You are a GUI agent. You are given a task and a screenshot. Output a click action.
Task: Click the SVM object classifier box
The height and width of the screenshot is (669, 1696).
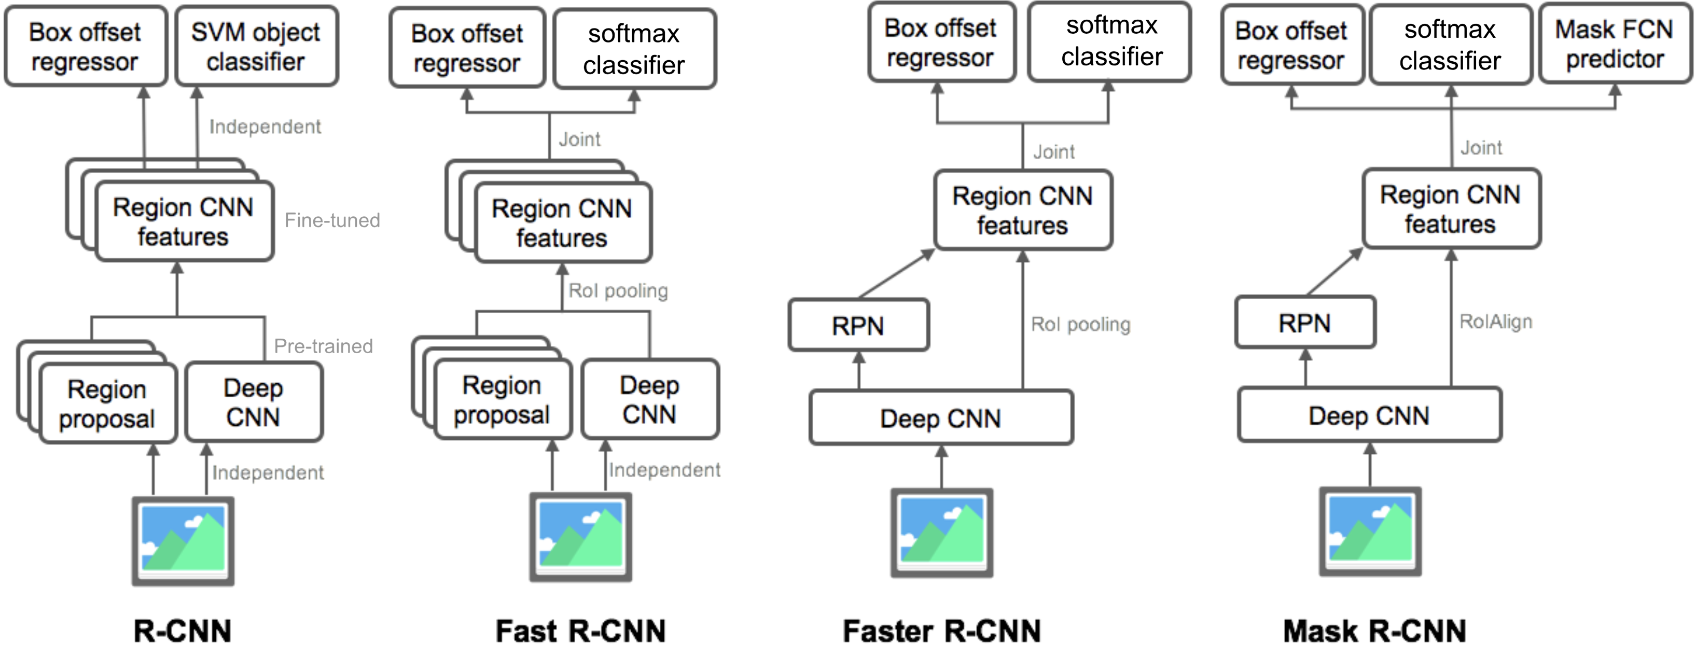[x=256, y=46]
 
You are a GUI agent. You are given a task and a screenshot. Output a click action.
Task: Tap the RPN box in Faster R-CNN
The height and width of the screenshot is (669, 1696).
[x=858, y=325]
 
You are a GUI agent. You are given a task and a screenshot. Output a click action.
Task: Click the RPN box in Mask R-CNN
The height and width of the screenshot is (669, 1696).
[x=1304, y=323]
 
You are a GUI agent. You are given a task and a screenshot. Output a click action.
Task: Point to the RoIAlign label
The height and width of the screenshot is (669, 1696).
[x=1495, y=322]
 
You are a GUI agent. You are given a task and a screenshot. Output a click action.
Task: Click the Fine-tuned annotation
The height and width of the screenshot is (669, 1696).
[x=332, y=220]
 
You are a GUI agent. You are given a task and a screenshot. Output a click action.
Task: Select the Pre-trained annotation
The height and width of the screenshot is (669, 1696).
[x=323, y=346]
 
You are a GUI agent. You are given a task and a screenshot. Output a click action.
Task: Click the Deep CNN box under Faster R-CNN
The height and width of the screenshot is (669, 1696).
[x=940, y=418]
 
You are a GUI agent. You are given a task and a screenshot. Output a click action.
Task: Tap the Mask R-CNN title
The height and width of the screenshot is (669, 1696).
[x=1374, y=631]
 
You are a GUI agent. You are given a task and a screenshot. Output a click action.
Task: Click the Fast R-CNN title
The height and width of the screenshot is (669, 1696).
[x=580, y=631]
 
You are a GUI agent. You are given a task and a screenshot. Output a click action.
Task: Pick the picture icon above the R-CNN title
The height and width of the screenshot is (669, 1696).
[x=183, y=540]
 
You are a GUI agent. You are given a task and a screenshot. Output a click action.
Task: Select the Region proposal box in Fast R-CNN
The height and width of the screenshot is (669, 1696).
[x=502, y=400]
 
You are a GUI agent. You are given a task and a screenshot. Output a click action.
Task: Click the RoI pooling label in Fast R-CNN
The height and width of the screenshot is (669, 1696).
[x=618, y=291]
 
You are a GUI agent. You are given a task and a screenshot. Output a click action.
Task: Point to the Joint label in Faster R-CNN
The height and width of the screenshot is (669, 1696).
[x=1053, y=152]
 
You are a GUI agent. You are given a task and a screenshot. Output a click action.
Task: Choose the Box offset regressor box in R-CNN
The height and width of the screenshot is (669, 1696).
[x=85, y=46]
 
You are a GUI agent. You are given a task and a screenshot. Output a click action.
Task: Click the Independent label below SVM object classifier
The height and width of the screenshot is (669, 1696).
[x=265, y=127]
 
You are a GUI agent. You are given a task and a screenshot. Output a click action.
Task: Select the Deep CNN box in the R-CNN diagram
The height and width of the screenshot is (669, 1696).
[x=254, y=402]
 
